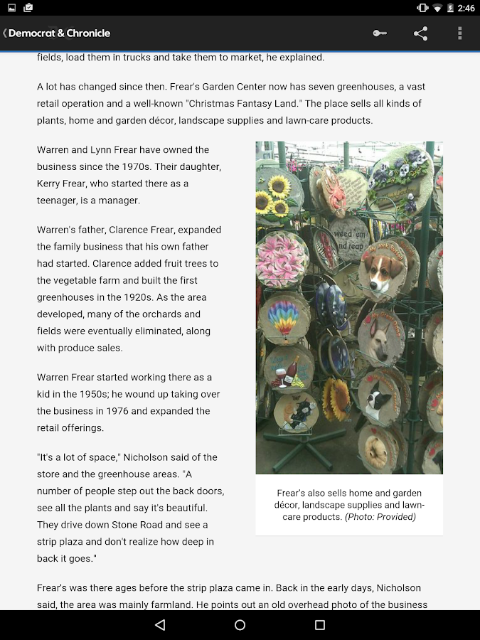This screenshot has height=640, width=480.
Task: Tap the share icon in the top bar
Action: point(421,33)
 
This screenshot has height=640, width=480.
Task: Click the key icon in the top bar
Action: point(380,33)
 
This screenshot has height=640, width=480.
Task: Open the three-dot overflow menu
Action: point(460,33)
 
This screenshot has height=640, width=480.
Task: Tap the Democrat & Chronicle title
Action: point(59,33)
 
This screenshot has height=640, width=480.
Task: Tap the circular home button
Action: point(240,625)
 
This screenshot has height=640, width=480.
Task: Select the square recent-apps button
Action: point(320,625)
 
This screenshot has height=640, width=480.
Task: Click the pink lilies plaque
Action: point(281,257)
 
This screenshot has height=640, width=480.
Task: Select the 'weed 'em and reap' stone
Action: point(349,239)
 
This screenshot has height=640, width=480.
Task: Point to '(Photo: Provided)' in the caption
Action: point(380,517)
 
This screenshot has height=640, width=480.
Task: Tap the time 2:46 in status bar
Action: point(466,8)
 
